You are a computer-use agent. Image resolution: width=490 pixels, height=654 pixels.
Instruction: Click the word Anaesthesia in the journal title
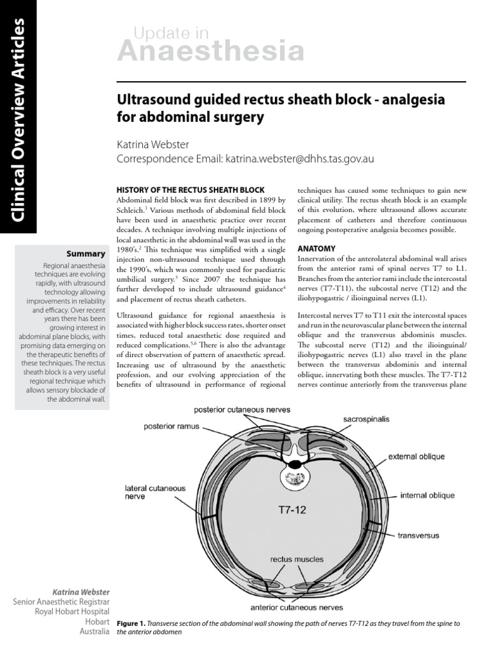tap(210, 50)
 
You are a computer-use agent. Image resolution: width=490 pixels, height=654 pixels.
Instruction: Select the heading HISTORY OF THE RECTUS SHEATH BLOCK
tap(189, 190)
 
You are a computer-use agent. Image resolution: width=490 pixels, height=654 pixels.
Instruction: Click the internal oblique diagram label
tap(427, 495)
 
